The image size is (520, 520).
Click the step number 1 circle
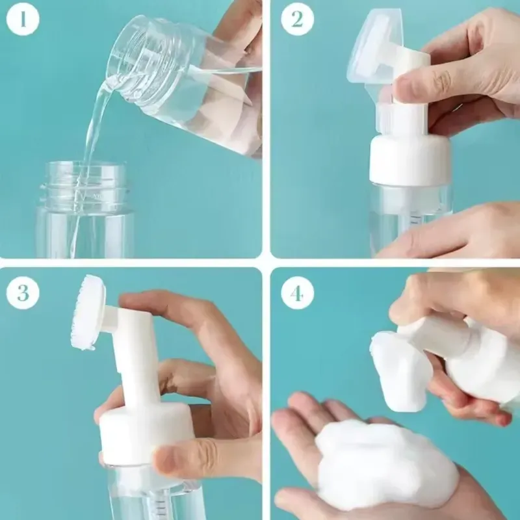coord(23,19)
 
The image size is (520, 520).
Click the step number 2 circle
coord(297,19)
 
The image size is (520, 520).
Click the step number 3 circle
coord(23,293)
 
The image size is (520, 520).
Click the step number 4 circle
coord(297,293)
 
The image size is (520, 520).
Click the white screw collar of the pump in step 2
coord(410,159)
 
